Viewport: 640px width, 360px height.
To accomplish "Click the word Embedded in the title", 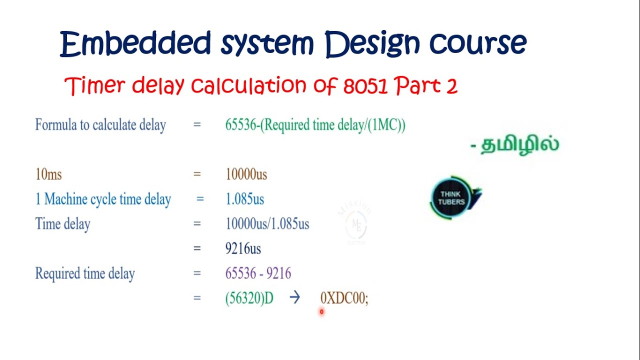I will point(135,43).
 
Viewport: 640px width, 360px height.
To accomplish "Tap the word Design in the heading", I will point(370,43).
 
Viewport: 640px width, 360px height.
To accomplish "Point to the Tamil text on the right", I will point(514,145).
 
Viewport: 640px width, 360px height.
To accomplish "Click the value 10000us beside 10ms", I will point(246,174).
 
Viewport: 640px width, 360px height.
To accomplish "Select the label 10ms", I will point(48,174).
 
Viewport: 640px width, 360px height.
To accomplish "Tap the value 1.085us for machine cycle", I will point(244,199).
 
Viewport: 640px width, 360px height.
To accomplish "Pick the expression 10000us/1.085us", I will point(267,223).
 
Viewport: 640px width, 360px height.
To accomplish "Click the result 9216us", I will point(243,248).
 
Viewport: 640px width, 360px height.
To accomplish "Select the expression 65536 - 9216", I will point(258,273).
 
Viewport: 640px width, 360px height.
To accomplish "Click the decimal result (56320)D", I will point(249,298).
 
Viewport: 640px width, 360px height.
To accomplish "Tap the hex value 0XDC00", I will point(344,298).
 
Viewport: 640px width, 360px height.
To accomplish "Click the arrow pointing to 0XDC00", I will point(294,298).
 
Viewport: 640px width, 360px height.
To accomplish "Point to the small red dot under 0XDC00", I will point(321,312).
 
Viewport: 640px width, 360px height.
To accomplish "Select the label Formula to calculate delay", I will point(100,125).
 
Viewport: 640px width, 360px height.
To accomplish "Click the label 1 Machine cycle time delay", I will point(103,199).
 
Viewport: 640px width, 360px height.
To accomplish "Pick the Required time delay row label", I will point(85,273).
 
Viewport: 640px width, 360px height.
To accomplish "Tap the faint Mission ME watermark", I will point(356,225).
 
